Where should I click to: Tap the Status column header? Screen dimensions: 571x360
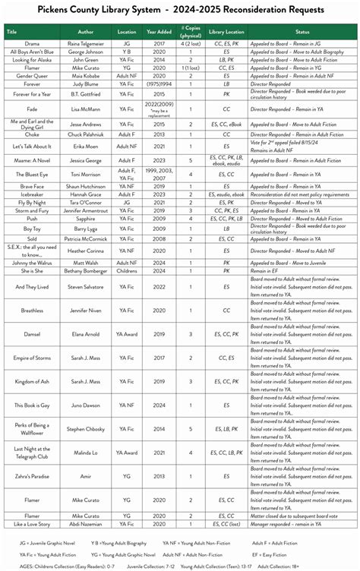[x=302, y=32]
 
